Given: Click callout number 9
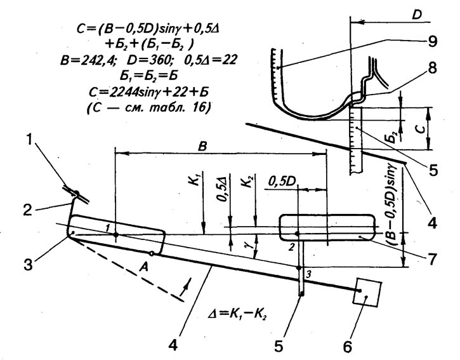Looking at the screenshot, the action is click(432, 41).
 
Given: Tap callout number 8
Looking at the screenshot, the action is click(432, 68).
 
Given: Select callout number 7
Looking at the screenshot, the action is click(432, 258).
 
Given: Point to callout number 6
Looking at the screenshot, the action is click(347, 347).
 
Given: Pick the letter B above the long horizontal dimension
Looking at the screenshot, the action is click(202, 146).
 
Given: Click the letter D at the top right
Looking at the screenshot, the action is click(417, 15).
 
